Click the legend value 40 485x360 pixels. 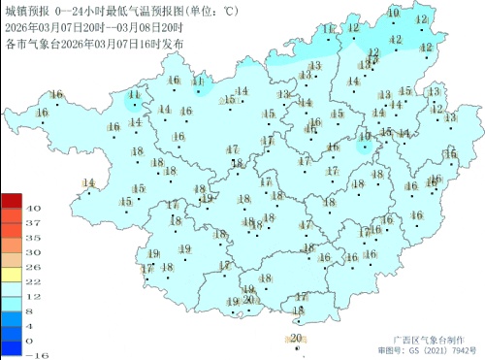click(x=32, y=209)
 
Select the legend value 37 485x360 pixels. click(x=32, y=223)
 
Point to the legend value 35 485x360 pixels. click(x=32, y=237)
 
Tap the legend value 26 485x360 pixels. click(x=32, y=266)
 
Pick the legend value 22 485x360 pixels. click(x=32, y=280)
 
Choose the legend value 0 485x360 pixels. click(x=32, y=340)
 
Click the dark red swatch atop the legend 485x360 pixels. click(x=12, y=201)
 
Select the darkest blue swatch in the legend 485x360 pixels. click(x=12, y=347)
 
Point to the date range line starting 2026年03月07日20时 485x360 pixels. click(x=93, y=27)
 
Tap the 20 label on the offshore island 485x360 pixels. click(x=296, y=338)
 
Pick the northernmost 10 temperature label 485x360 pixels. click(x=393, y=13)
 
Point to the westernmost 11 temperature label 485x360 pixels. click(x=134, y=95)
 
